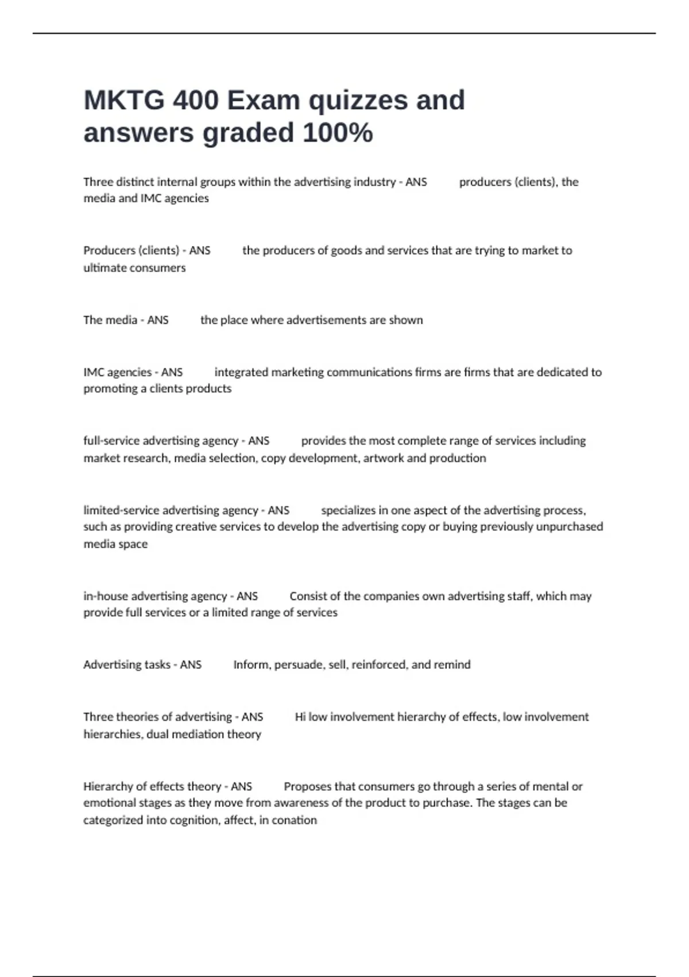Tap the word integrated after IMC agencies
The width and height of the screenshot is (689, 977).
coord(241,372)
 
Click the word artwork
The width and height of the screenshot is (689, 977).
coord(384,458)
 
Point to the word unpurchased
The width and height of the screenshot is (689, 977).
coord(570,527)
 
